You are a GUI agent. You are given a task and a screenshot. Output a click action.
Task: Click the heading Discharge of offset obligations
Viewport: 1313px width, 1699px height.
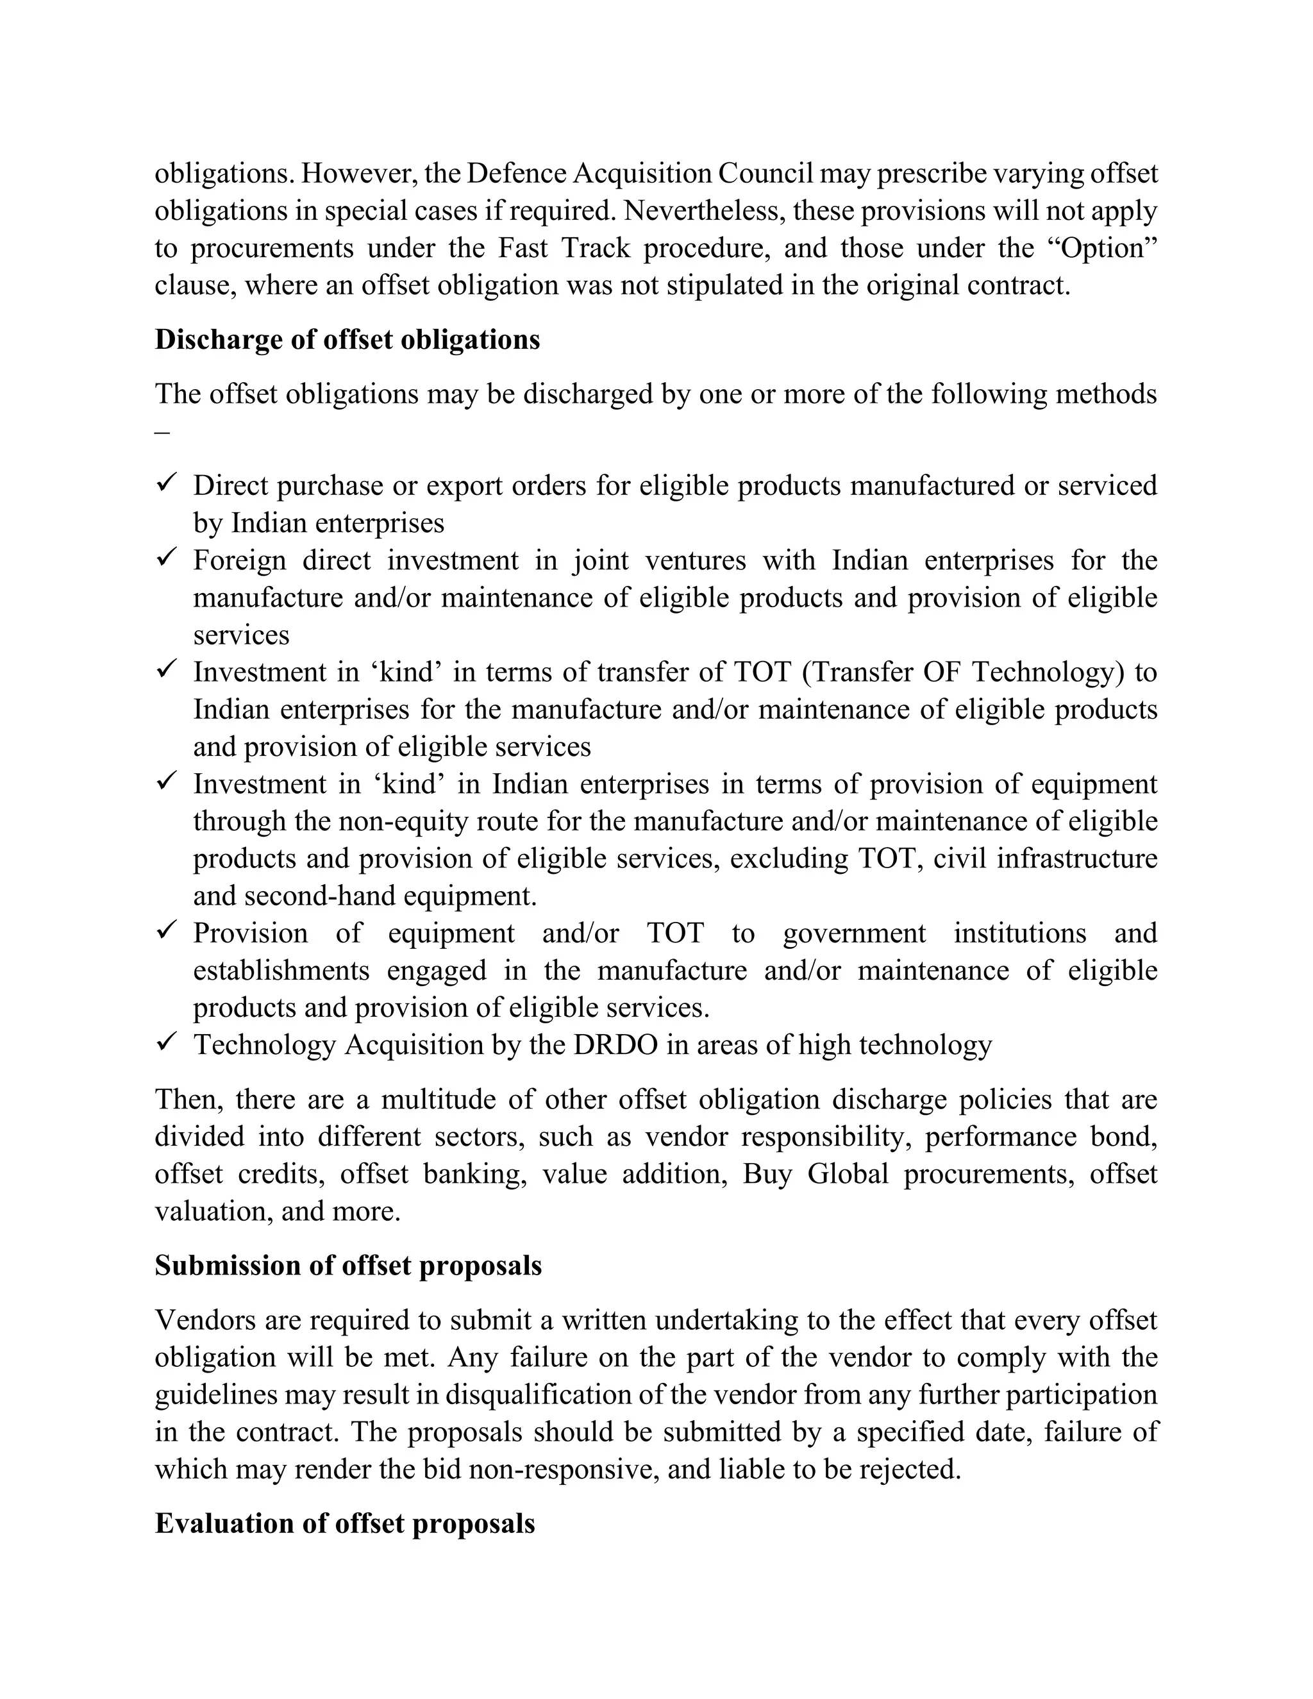pos(347,340)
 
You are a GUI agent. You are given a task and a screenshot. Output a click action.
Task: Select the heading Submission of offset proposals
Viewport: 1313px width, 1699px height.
pos(347,1266)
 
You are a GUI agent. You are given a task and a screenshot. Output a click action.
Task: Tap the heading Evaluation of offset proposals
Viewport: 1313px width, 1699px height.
pos(344,1523)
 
